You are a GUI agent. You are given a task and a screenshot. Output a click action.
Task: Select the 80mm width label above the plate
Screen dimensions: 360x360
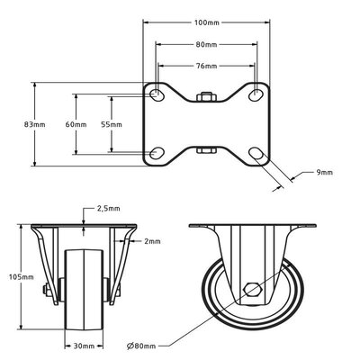coord(206,45)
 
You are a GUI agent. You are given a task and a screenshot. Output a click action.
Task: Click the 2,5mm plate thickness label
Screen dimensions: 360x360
coord(107,208)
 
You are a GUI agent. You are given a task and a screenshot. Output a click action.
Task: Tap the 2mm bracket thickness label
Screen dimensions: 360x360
coord(152,241)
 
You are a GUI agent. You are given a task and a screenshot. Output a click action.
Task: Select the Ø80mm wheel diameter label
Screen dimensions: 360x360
coord(143,346)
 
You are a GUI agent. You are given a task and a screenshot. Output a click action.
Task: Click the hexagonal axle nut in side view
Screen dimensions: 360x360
coord(255,292)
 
